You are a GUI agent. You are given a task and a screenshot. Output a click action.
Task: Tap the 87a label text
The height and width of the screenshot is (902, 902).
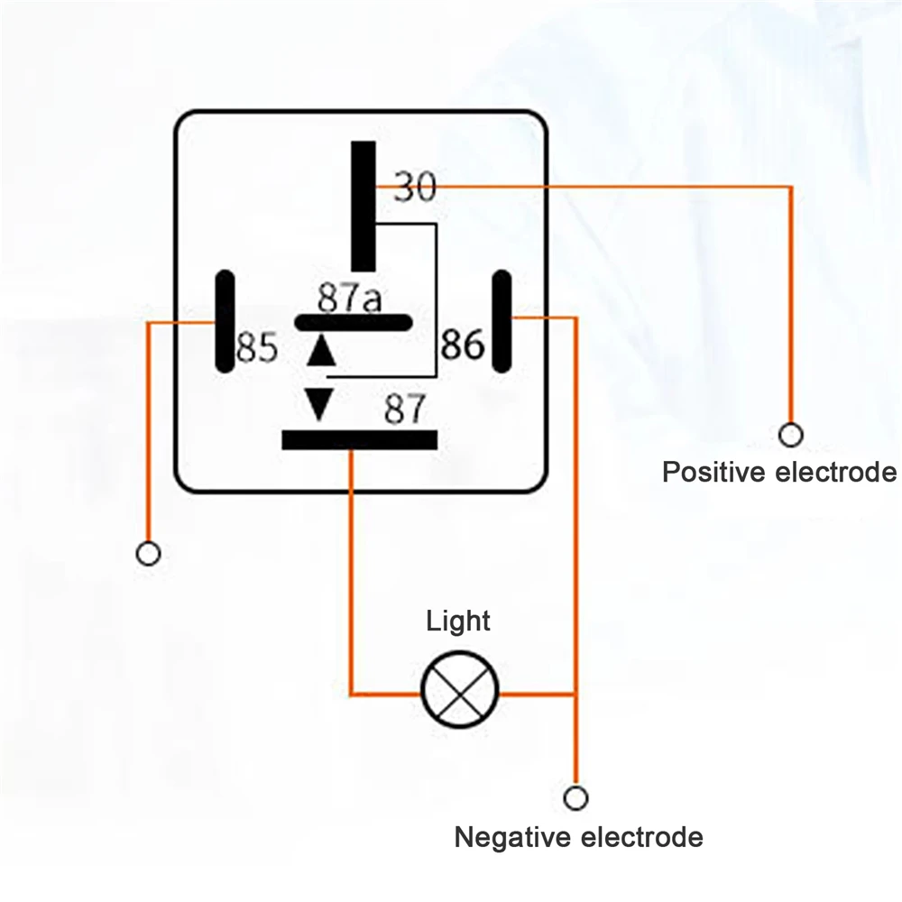(349, 298)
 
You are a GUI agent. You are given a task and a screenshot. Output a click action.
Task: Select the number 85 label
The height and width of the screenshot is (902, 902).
(256, 348)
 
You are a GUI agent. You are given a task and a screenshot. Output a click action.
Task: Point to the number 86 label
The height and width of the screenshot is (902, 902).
(462, 344)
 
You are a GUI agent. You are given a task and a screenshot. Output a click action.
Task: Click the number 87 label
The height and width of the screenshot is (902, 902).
(403, 410)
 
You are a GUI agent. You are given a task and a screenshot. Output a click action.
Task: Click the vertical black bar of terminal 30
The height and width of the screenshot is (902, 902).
(364, 206)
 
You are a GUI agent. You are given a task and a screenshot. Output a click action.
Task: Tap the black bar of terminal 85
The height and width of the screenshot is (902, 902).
(224, 322)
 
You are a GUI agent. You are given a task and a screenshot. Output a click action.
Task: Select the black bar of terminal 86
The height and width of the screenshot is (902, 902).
(502, 322)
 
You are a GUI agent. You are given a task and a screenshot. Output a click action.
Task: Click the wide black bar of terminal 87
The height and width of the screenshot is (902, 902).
(359, 439)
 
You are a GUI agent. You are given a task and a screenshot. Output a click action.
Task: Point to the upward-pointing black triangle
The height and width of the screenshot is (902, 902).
(319, 351)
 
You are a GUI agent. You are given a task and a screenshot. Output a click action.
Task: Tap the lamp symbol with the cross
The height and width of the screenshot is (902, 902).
(460, 694)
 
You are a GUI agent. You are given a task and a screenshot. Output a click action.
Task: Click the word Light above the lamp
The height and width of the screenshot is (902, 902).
(458, 621)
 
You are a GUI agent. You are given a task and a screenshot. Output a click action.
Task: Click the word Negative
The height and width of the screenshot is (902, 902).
(512, 837)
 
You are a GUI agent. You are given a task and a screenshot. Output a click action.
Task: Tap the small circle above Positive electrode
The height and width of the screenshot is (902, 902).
(791, 435)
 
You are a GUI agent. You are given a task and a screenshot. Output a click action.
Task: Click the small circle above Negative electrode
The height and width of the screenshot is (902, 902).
(575, 798)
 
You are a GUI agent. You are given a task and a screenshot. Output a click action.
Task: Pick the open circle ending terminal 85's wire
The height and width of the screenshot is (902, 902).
(148, 552)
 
